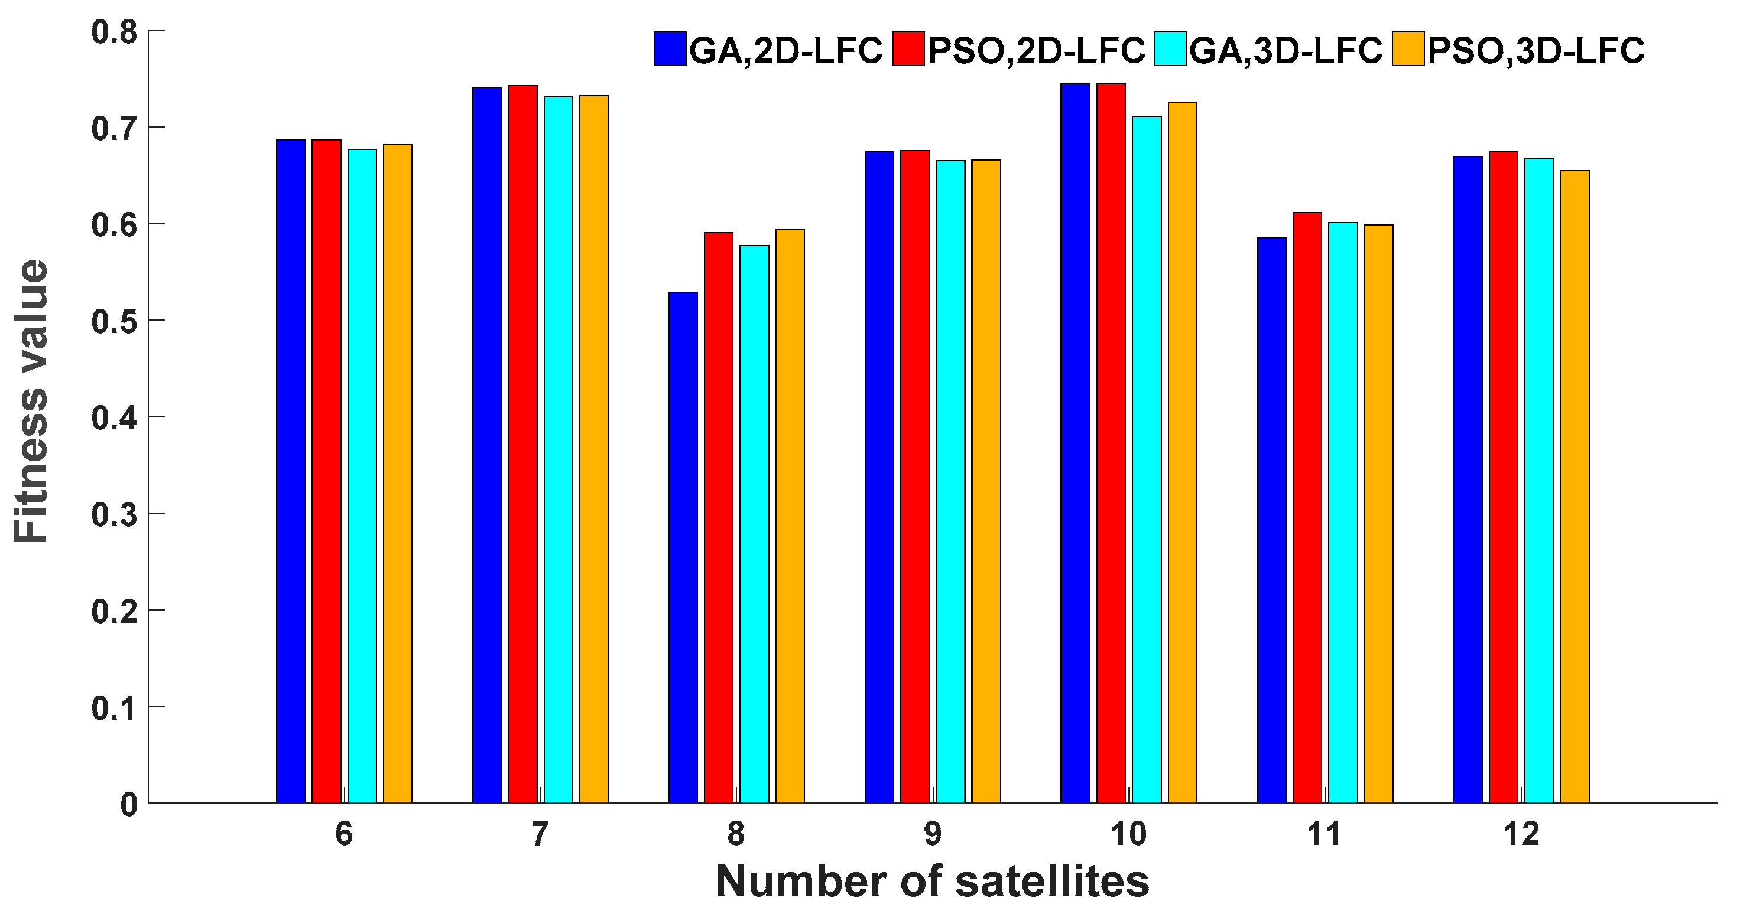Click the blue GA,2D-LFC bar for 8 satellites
click(x=683, y=547)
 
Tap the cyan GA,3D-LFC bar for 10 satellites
click(x=1146, y=459)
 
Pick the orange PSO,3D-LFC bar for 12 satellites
click(x=1575, y=486)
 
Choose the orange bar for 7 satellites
click(x=594, y=449)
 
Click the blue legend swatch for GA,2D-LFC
click(x=670, y=49)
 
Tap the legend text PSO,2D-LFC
click(x=1036, y=51)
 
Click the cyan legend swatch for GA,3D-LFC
click(x=1170, y=49)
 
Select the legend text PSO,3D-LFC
click(x=1536, y=51)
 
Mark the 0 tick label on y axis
click(x=129, y=805)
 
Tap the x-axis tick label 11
click(x=1324, y=835)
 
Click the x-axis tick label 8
click(x=736, y=835)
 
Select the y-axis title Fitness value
click(x=32, y=401)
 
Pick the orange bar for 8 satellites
click(x=790, y=517)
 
